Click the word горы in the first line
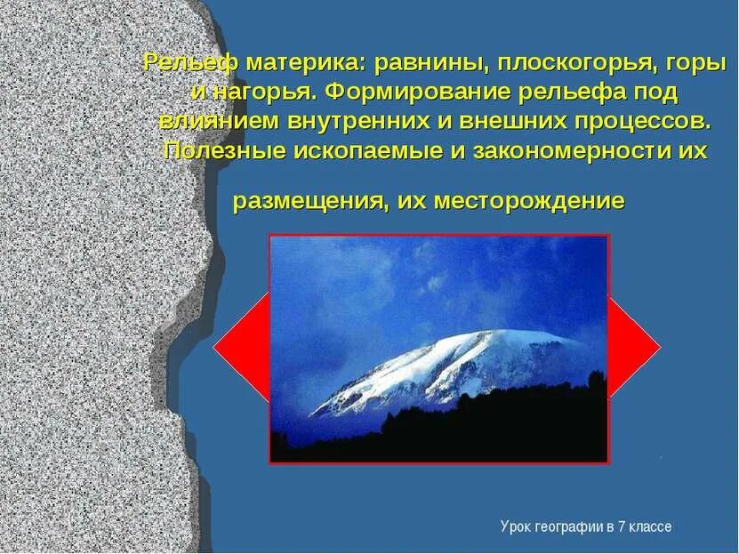pyautogui.click(x=688, y=64)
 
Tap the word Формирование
pyautogui.click(x=416, y=92)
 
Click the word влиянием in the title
pyautogui.click(x=220, y=120)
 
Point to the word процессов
pyautogui.click(x=635, y=120)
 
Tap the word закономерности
pyautogui.click(x=572, y=150)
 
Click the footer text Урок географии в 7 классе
pyautogui.click(x=585, y=527)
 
